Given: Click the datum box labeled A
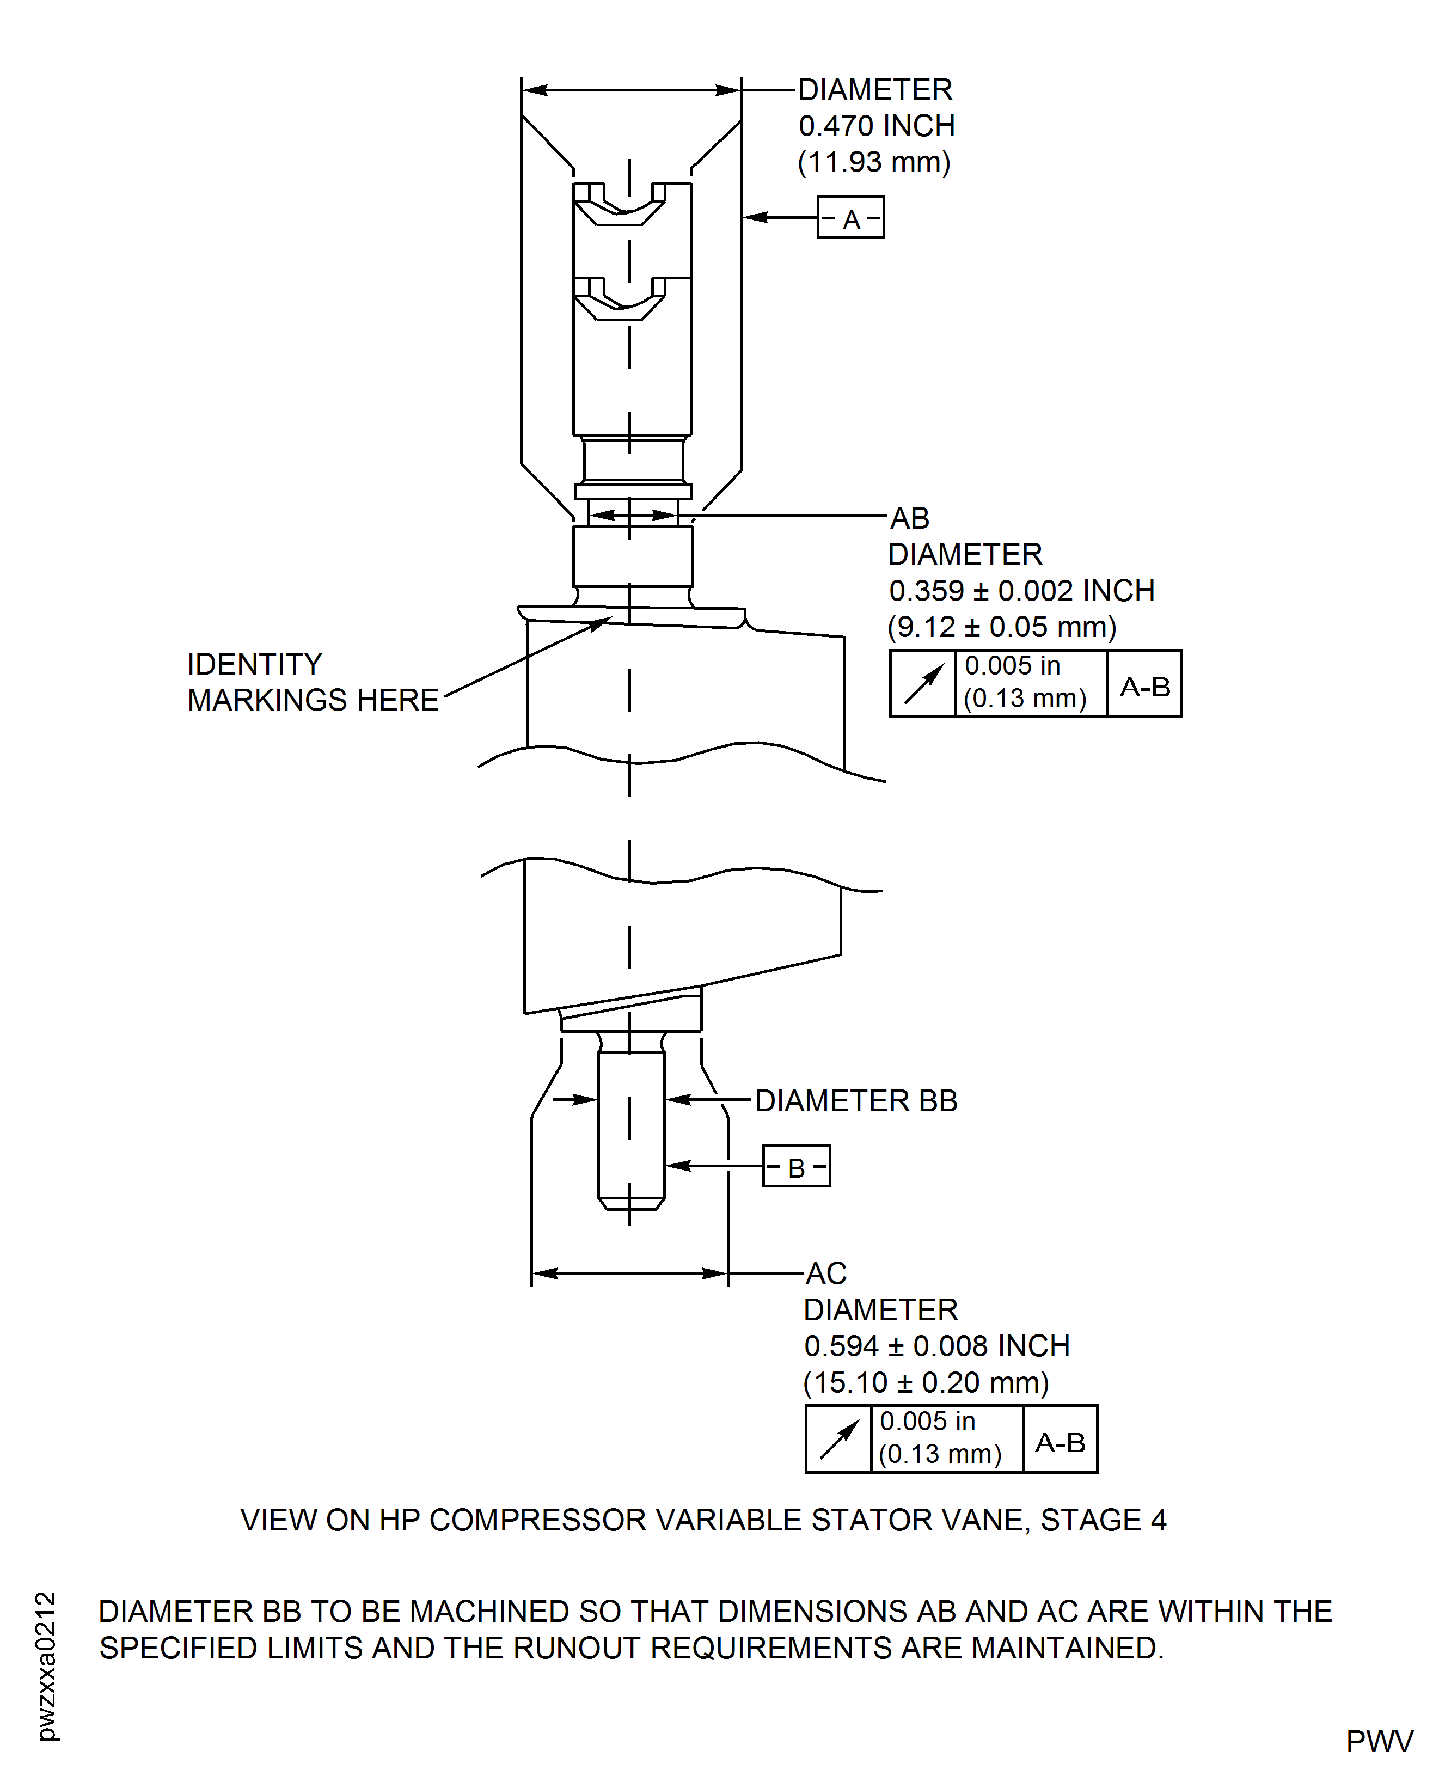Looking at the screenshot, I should click(x=850, y=218).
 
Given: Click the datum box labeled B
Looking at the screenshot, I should click(x=796, y=1166).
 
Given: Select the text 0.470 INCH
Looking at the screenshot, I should click(x=876, y=126).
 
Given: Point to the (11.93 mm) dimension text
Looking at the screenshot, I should click(x=874, y=162).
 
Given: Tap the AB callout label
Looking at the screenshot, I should click(x=909, y=519).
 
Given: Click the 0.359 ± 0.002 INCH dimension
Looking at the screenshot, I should click(x=1021, y=591).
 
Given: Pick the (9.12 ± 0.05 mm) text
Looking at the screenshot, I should click(x=1001, y=627).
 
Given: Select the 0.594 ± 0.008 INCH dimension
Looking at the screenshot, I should click(x=936, y=1346).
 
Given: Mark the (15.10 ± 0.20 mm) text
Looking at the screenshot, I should click(x=926, y=1382).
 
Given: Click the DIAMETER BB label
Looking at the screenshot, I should click(x=856, y=1101).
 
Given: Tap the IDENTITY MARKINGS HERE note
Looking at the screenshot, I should click(x=313, y=682).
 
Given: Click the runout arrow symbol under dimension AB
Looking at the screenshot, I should click(x=923, y=684).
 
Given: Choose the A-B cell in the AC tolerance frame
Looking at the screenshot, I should click(x=1060, y=1442).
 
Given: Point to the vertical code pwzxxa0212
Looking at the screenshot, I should click(x=46, y=1666).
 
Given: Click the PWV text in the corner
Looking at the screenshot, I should click(x=1379, y=1741).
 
